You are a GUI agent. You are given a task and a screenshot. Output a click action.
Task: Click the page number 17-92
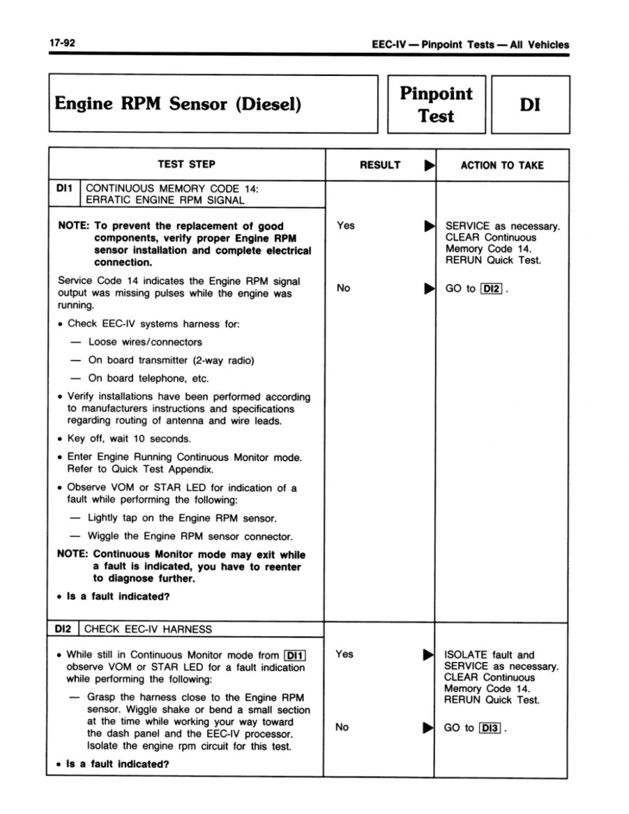[61, 43]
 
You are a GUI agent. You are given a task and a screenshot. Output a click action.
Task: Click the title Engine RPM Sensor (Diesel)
[178, 104]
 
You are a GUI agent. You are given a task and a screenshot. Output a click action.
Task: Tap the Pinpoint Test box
[436, 104]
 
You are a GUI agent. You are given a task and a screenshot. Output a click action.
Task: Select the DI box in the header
[530, 104]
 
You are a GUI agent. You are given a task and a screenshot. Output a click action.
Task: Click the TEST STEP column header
[187, 164]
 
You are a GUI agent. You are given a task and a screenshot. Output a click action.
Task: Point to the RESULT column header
[380, 165]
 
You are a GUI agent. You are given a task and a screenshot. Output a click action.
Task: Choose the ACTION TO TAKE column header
[502, 165]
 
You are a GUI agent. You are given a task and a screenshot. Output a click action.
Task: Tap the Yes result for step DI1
[345, 225]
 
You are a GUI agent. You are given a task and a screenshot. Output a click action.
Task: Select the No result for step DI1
[343, 288]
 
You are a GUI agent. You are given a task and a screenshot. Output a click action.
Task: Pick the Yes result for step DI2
[345, 654]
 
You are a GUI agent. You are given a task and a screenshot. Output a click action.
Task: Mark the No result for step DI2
[343, 727]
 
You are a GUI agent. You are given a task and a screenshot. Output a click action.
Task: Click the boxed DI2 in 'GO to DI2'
[491, 289]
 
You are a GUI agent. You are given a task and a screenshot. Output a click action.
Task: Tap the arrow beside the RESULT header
[427, 165]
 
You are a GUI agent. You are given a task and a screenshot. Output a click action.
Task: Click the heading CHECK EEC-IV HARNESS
[148, 629]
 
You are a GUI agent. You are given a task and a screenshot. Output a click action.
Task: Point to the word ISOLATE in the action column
[465, 655]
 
